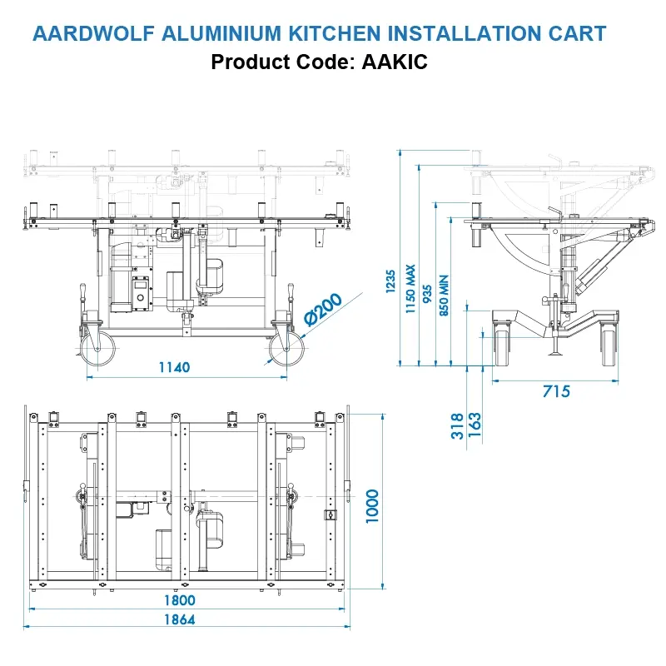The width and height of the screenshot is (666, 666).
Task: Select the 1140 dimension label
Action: coord(174,367)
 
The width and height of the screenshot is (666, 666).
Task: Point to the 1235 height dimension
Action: coord(391,286)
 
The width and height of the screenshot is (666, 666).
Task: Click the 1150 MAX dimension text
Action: coord(410,288)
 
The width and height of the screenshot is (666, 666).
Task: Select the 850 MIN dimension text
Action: coord(443,296)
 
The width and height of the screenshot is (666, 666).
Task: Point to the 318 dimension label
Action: coord(457,425)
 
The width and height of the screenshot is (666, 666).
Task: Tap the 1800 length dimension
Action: coord(179,599)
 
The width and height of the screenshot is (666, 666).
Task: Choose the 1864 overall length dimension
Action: coord(179,619)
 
